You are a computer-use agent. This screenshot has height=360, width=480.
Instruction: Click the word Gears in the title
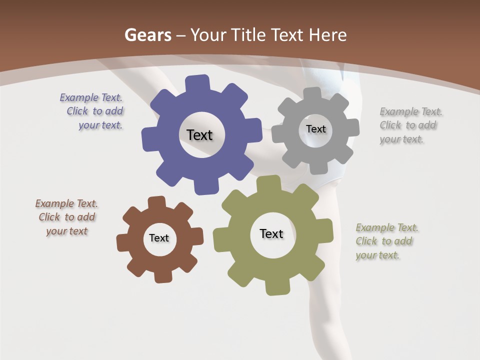point(147,35)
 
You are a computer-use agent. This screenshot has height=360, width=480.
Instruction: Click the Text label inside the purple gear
point(199,135)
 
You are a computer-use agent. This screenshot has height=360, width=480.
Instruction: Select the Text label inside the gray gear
point(315,129)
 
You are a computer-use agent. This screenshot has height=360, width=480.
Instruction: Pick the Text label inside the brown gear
point(159,238)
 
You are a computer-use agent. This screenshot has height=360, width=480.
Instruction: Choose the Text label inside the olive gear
point(271,233)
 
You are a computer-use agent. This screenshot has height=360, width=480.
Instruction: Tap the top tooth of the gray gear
point(313,94)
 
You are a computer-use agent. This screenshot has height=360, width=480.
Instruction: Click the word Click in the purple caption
point(77,111)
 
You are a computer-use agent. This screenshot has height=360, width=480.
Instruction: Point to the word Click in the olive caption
point(366,241)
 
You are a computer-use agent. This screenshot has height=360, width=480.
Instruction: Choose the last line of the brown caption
point(67,231)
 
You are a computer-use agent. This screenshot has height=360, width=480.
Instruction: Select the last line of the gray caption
point(401,139)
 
